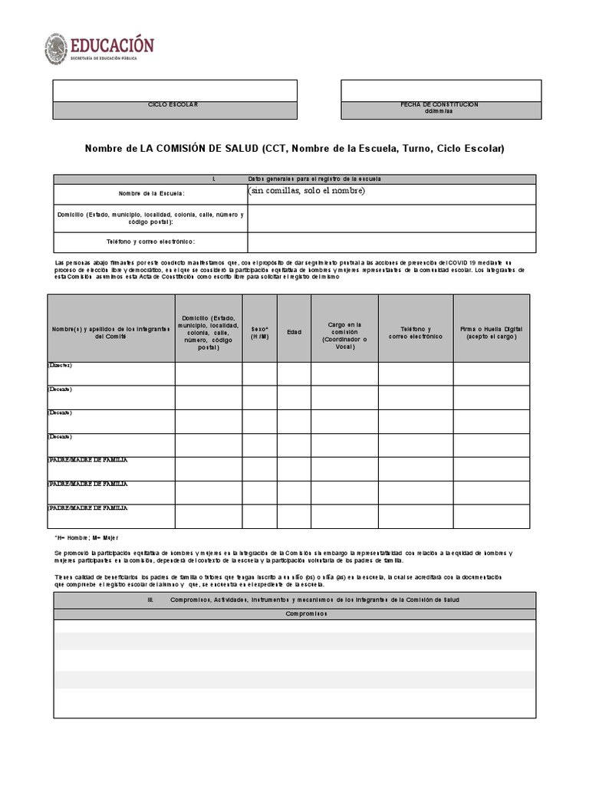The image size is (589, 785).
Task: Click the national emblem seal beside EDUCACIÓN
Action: [x=56, y=48]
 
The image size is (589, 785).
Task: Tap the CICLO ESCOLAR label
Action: [x=174, y=105]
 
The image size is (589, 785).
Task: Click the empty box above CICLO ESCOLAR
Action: [x=174, y=90]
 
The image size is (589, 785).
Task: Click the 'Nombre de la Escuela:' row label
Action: [x=151, y=194]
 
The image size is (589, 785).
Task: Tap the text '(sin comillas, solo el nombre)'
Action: [x=307, y=191]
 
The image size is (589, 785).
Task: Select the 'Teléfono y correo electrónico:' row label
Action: [x=151, y=242]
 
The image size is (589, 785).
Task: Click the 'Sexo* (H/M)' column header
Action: [x=260, y=332]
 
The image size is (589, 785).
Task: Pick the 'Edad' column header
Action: [x=294, y=332]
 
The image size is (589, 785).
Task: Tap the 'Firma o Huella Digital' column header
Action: [x=491, y=332]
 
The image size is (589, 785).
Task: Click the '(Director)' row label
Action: [x=60, y=366]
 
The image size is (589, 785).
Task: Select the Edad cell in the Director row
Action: [x=294, y=373]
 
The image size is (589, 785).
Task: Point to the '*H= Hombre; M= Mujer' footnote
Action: [x=86, y=538]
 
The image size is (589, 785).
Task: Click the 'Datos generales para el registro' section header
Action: [x=314, y=179]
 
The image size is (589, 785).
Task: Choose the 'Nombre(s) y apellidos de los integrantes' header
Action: [x=111, y=332]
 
